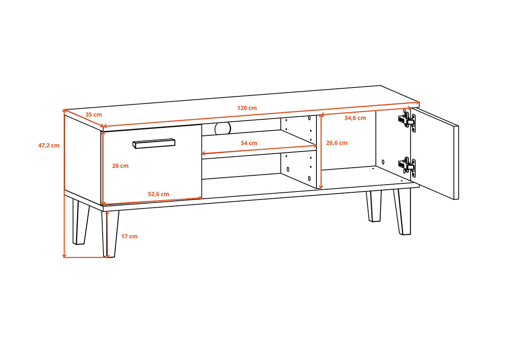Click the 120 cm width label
tap(247, 108)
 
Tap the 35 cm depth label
tap(93, 115)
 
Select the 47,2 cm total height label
tap(49, 146)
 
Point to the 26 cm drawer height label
tap(120, 166)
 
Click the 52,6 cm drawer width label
tap(158, 194)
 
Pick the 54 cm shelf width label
tap(249, 143)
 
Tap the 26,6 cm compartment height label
tap(336, 143)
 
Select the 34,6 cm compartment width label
tap(355, 118)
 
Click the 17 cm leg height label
tap(129, 236)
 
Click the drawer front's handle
tap(154, 143)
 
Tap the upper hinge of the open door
tap(407, 121)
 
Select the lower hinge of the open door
tap(407, 166)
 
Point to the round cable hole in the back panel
tap(222, 129)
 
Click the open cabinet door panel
tap(434, 154)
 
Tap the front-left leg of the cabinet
tap(110, 234)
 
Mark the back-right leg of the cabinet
tap(374, 206)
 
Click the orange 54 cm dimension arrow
tap(259, 149)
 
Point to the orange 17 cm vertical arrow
tap(107, 234)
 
